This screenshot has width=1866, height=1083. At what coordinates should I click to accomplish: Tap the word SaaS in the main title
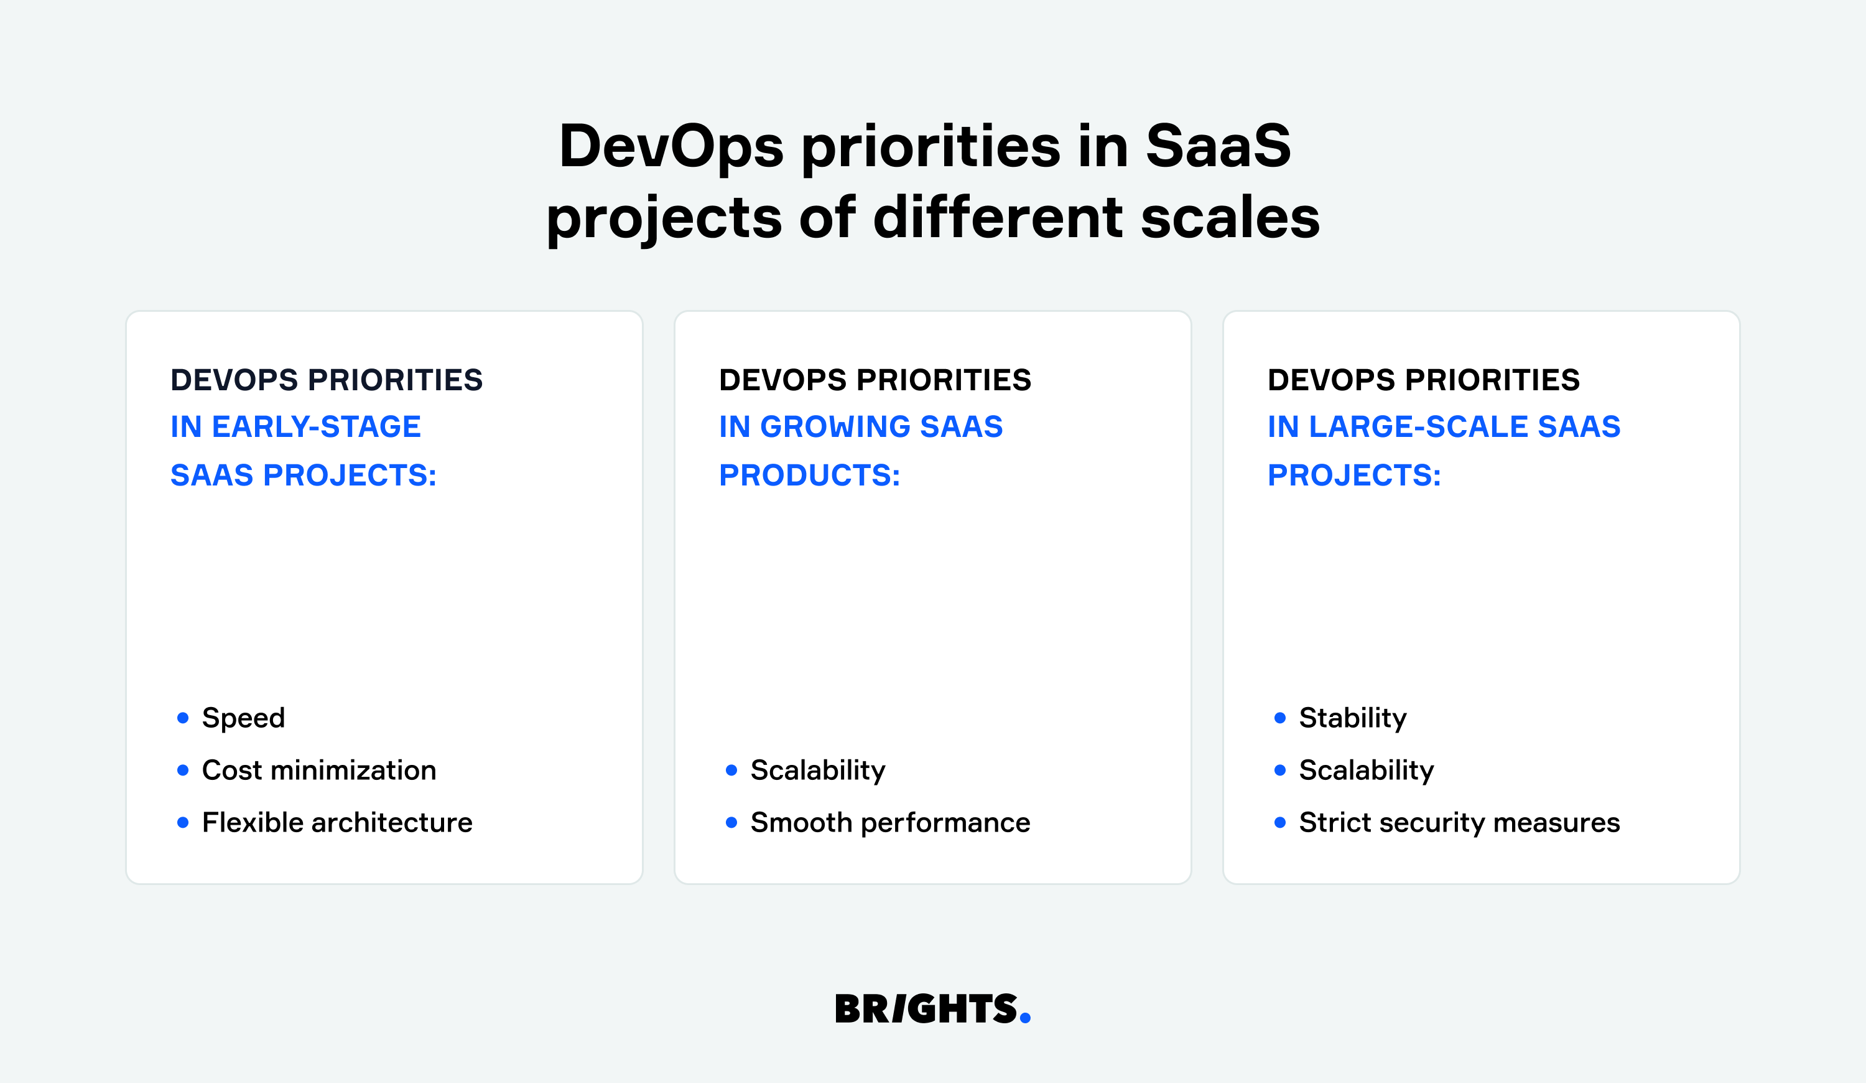[x=1217, y=146]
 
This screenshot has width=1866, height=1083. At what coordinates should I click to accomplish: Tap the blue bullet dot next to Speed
[x=183, y=718]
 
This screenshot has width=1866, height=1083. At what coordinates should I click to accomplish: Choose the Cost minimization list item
[x=318, y=771]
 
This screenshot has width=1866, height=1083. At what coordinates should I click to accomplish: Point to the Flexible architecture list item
[x=337, y=823]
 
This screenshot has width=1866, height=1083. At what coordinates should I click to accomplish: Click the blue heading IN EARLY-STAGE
[x=295, y=427]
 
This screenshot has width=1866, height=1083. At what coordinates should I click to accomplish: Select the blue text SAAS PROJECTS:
[x=304, y=476]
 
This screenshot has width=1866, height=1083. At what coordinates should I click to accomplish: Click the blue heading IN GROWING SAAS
[x=860, y=427]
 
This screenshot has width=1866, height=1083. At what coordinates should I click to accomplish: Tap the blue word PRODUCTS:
[x=809, y=476]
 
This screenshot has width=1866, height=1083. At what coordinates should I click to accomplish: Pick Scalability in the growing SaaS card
[x=817, y=771]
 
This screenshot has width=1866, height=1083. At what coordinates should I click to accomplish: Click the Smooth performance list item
[x=890, y=823]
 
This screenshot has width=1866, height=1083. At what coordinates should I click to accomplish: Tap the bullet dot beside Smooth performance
[x=731, y=823]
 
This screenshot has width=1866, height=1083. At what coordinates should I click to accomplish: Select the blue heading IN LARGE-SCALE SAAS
[x=1444, y=427]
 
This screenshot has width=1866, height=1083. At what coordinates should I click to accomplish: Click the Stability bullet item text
[x=1353, y=718]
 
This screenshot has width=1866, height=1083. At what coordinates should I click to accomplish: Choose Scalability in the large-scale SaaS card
[x=1366, y=771]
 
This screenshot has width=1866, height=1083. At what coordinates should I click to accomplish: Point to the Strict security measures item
[x=1459, y=823]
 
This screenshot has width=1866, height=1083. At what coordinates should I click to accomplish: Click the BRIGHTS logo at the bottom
[x=926, y=1009]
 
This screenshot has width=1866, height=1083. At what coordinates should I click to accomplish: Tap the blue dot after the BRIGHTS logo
[x=1025, y=1020]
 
